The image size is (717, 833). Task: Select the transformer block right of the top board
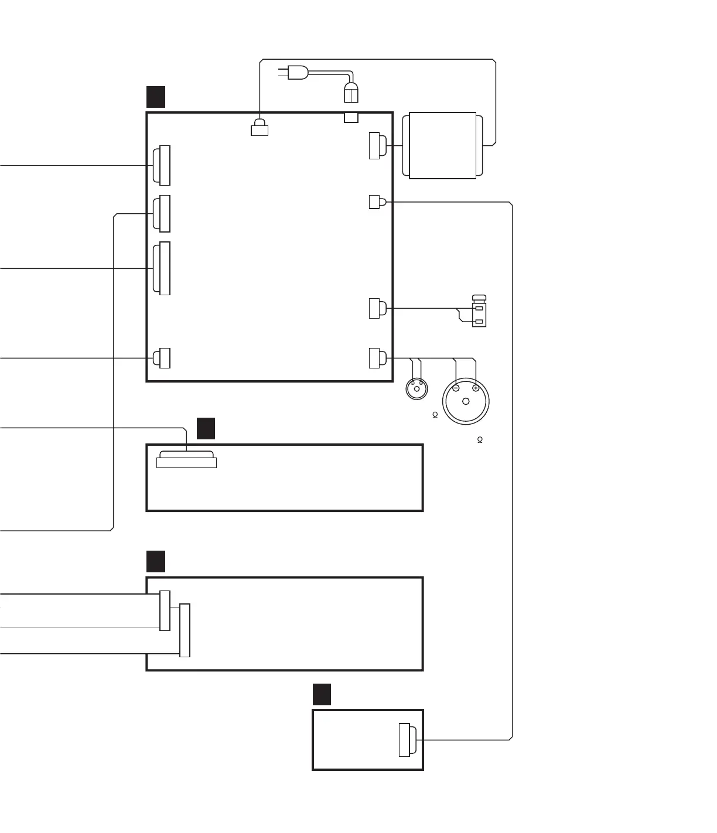point(442,145)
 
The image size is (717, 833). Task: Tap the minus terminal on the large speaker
point(456,388)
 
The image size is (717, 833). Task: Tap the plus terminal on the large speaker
point(476,388)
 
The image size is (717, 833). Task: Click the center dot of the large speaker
point(466,401)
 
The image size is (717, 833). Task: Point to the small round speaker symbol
point(416,388)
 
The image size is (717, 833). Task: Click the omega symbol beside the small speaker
point(435,415)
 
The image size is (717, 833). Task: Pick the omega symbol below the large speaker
point(480,440)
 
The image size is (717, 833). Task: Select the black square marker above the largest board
point(156,97)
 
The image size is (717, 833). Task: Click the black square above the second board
point(206,428)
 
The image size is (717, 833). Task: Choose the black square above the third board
point(156,561)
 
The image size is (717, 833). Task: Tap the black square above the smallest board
point(322,694)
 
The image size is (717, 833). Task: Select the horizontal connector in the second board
point(186,459)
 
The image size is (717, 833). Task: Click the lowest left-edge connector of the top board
point(162,358)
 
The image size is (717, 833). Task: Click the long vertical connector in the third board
point(185,630)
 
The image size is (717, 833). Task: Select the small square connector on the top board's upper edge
point(351,118)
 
